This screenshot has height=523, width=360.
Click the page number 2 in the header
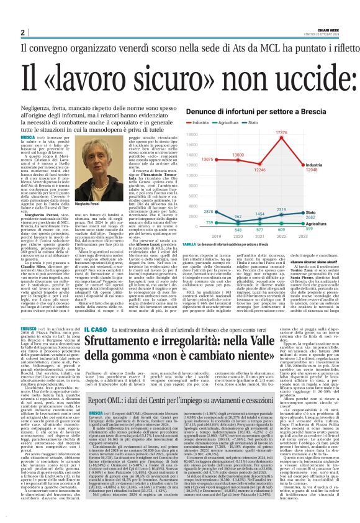pyautogui.click(x=21, y=32)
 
